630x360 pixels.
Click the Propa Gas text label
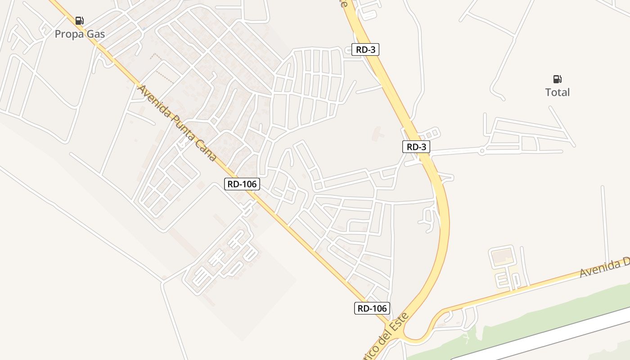click(x=80, y=34)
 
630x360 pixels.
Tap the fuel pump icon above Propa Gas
click(x=80, y=20)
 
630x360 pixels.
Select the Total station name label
click(x=557, y=92)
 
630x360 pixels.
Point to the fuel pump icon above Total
click(x=557, y=79)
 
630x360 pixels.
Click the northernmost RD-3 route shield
click(x=365, y=49)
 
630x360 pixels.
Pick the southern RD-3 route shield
click(x=416, y=147)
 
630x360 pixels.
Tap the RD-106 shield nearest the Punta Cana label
click(x=242, y=184)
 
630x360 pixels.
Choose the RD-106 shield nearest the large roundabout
click(x=372, y=308)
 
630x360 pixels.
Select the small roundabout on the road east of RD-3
click(x=482, y=151)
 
